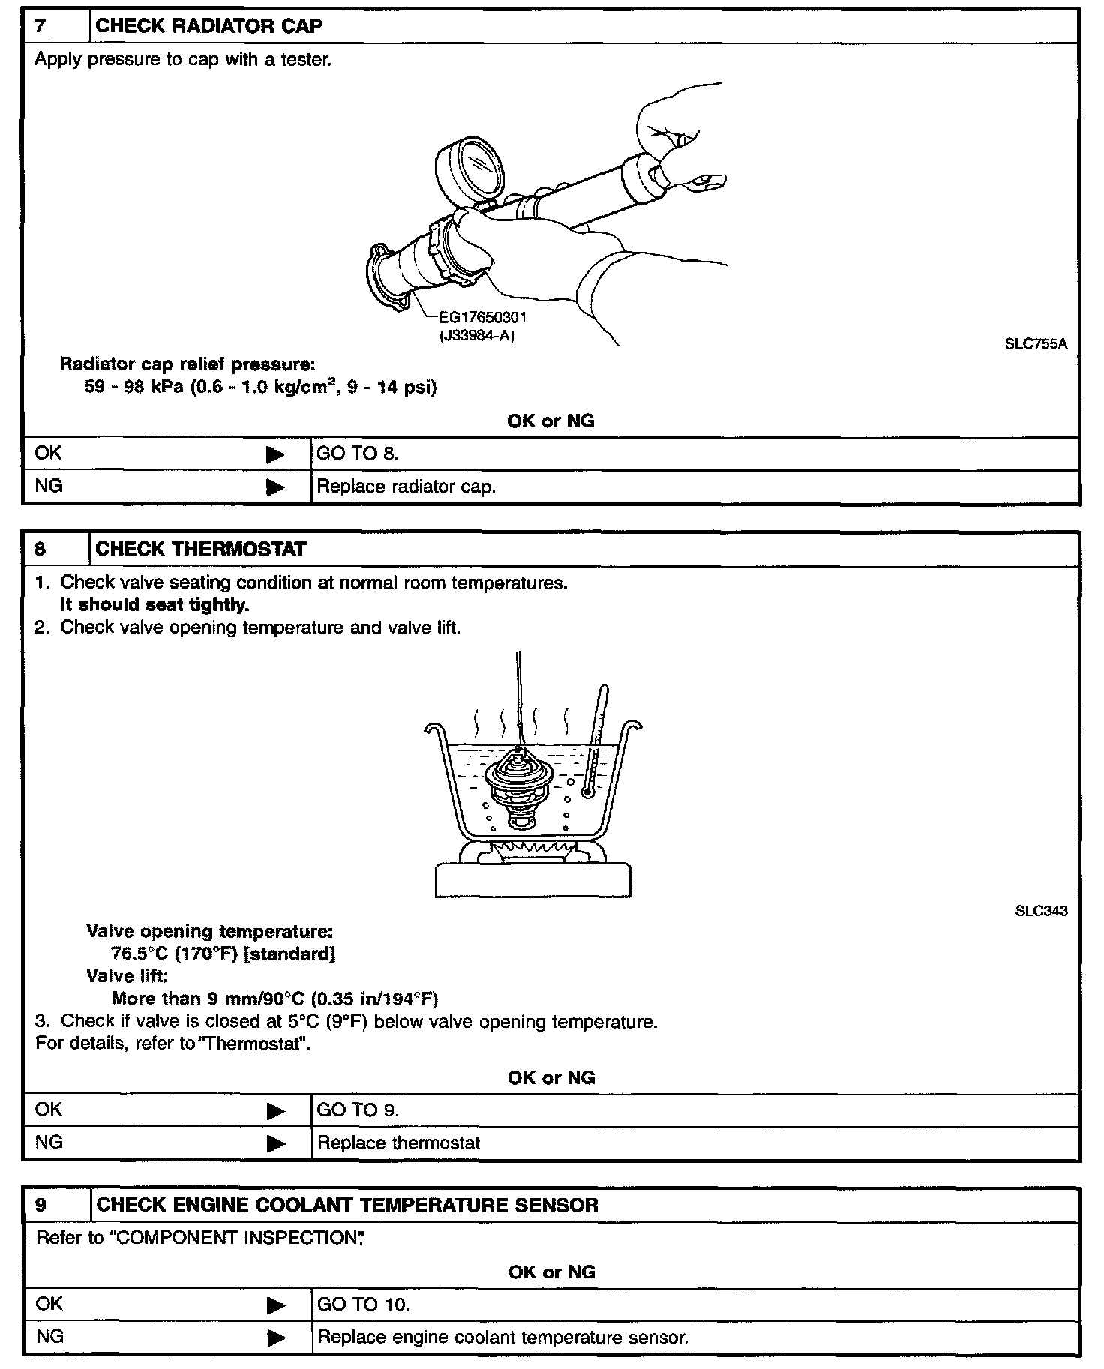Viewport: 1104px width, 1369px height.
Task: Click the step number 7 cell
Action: coord(56,26)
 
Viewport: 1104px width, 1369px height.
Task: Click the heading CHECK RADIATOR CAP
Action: coord(208,26)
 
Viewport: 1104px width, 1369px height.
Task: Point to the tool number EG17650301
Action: coord(483,317)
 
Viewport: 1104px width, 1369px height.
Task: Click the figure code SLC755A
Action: coord(1036,344)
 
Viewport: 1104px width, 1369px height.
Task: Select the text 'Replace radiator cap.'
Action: coord(406,487)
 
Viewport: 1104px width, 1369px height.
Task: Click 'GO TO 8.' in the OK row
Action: coord(358,454)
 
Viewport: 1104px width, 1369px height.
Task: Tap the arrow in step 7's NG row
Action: coord(275,487)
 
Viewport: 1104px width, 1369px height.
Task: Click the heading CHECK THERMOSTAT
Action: coord(201,549)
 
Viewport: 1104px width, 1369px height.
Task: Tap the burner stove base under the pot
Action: coord(533,879)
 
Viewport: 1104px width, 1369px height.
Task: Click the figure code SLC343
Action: coord(1041,911)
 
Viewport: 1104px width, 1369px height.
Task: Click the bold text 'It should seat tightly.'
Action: coord(154,604)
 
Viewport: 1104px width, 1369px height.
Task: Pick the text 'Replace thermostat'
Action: coord(398,1143)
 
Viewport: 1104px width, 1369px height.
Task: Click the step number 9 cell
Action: coord(56,1205)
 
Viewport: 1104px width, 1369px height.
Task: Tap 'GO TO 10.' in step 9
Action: coord(363,1305)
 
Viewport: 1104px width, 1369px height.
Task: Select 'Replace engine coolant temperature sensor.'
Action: coord(502,1337)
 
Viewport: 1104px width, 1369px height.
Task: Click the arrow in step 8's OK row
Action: coord(275,1110)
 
